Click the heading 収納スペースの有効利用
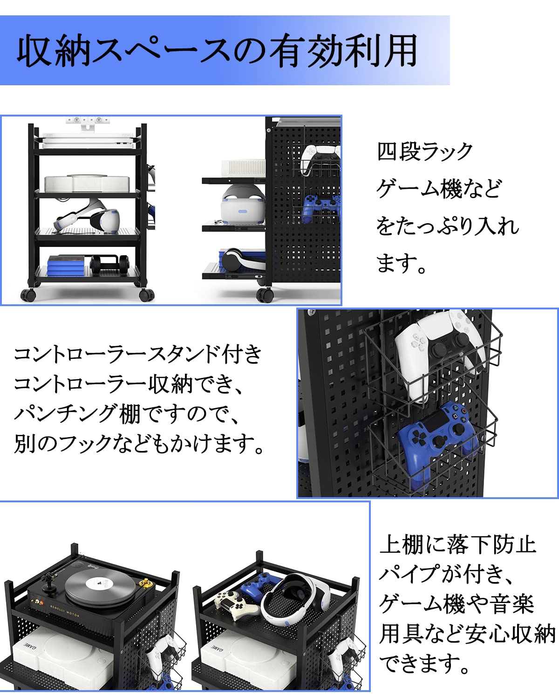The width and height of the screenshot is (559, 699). coord(217,51)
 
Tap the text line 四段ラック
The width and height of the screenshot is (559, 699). coord(425,151)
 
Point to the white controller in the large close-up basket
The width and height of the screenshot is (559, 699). coord(440,354)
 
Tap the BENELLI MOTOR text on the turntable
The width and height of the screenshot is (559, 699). coord(64,610)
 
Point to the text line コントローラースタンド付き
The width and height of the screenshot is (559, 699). coord(138,354)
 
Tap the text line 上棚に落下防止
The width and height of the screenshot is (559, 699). coord(457,544)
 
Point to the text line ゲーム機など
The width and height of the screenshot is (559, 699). coord(439,189)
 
